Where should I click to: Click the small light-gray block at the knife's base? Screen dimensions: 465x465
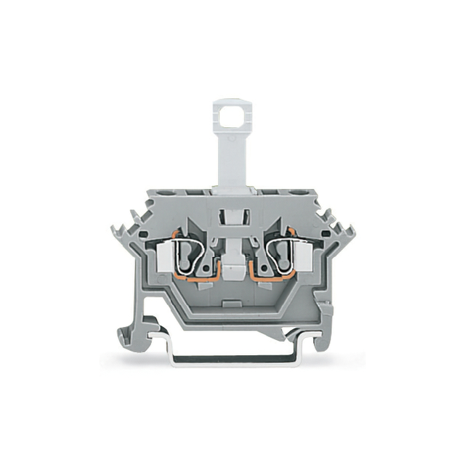[x=232, y=271]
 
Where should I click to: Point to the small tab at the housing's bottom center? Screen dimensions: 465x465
[x=232, y=303]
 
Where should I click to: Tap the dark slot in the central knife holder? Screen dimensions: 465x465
[x=232, y=216]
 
